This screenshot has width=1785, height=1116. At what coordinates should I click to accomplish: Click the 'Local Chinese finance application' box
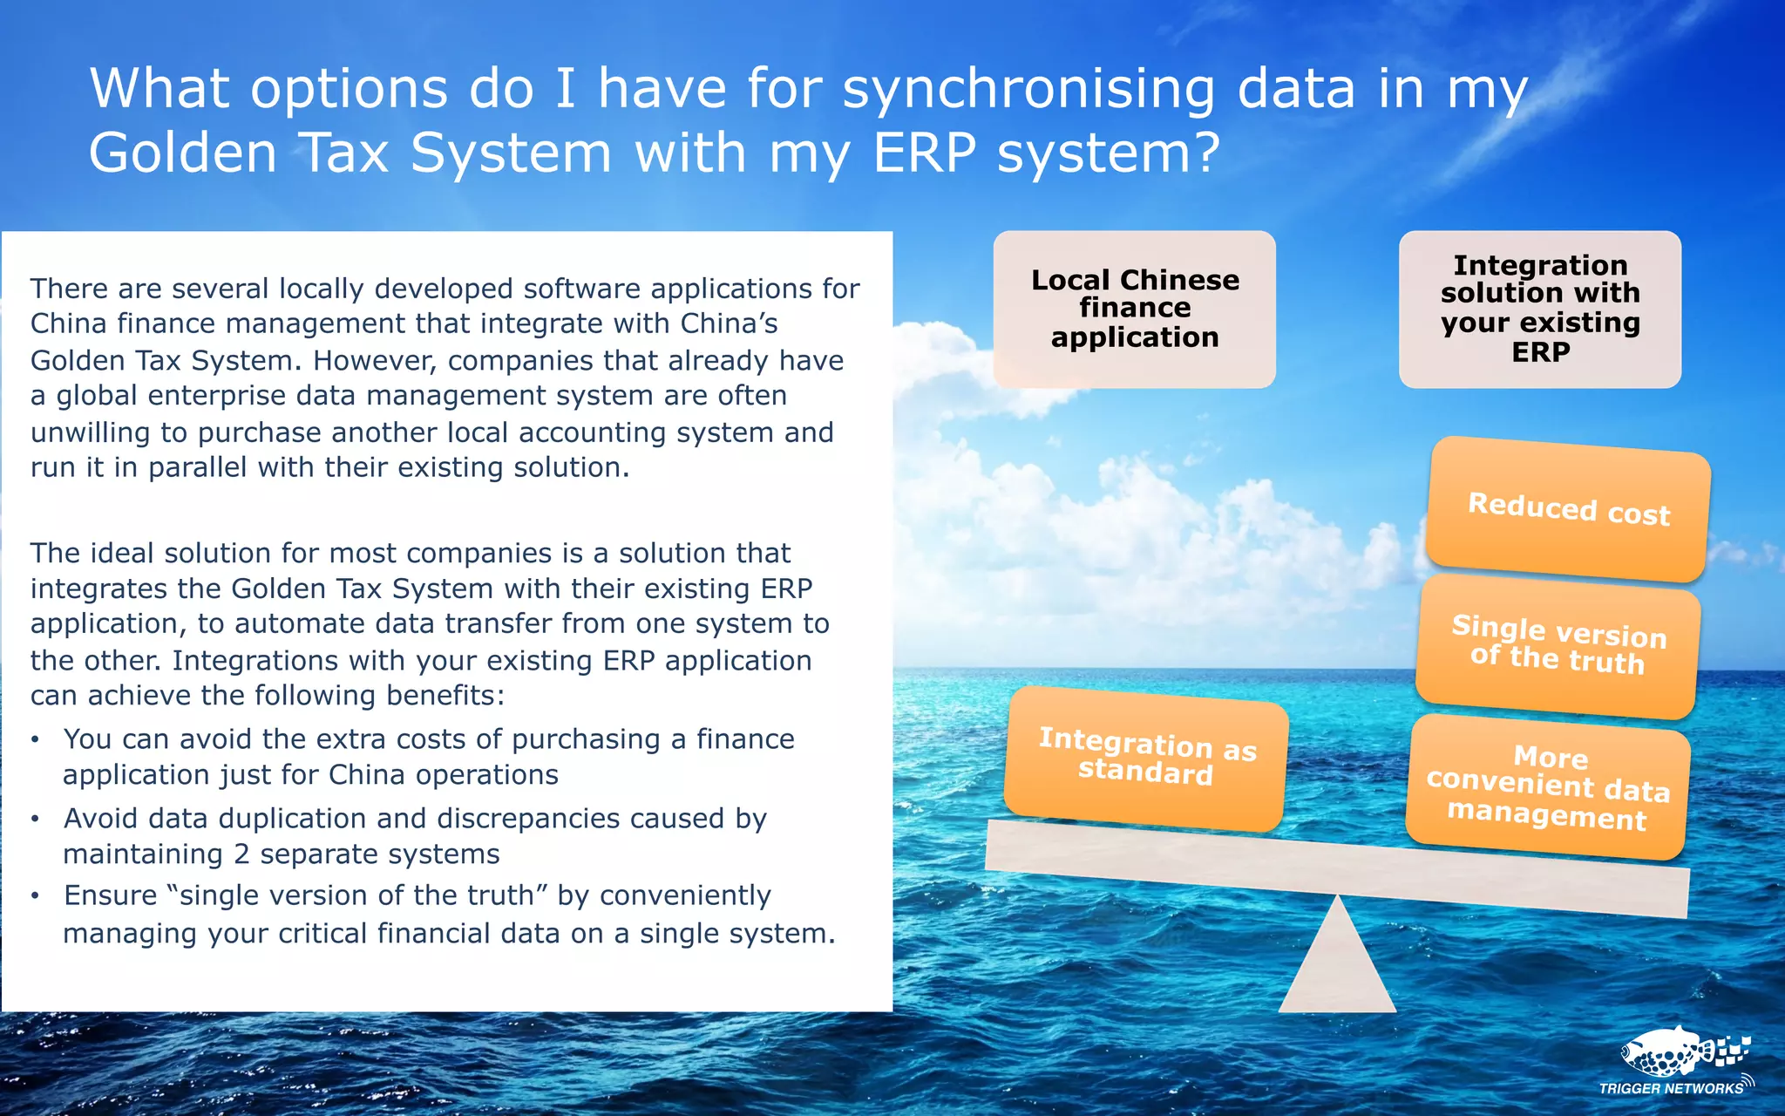tap(1134, 309)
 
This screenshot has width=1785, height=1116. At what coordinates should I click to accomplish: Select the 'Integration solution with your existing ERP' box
tap(1539, 309)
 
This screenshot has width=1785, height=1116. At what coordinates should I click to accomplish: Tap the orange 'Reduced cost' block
tap(1568, 509)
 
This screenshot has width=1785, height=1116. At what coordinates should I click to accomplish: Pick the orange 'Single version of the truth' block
tap(1558, 645)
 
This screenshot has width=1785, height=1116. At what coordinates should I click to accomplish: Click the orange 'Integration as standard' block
tap(1146, 758)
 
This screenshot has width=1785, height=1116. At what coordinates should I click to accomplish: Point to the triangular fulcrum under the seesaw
tap(1337, 968)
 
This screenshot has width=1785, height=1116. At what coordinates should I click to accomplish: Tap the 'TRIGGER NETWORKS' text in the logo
tap(1670, 1088)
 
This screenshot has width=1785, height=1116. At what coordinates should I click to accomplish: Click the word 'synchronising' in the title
tap(1028, 89)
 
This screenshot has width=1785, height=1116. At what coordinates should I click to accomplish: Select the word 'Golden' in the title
tap(183, 153)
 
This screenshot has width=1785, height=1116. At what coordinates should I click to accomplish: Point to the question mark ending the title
tap(1205, 153)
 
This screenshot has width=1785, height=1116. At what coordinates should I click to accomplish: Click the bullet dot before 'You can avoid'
tap(35, 740)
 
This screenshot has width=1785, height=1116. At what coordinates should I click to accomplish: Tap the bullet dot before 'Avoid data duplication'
tap(35, 820)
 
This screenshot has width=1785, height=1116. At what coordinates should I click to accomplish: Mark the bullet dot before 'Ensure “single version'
tap(35, 896)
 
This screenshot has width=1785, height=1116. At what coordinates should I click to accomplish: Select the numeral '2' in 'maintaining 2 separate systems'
tap(241, 854)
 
